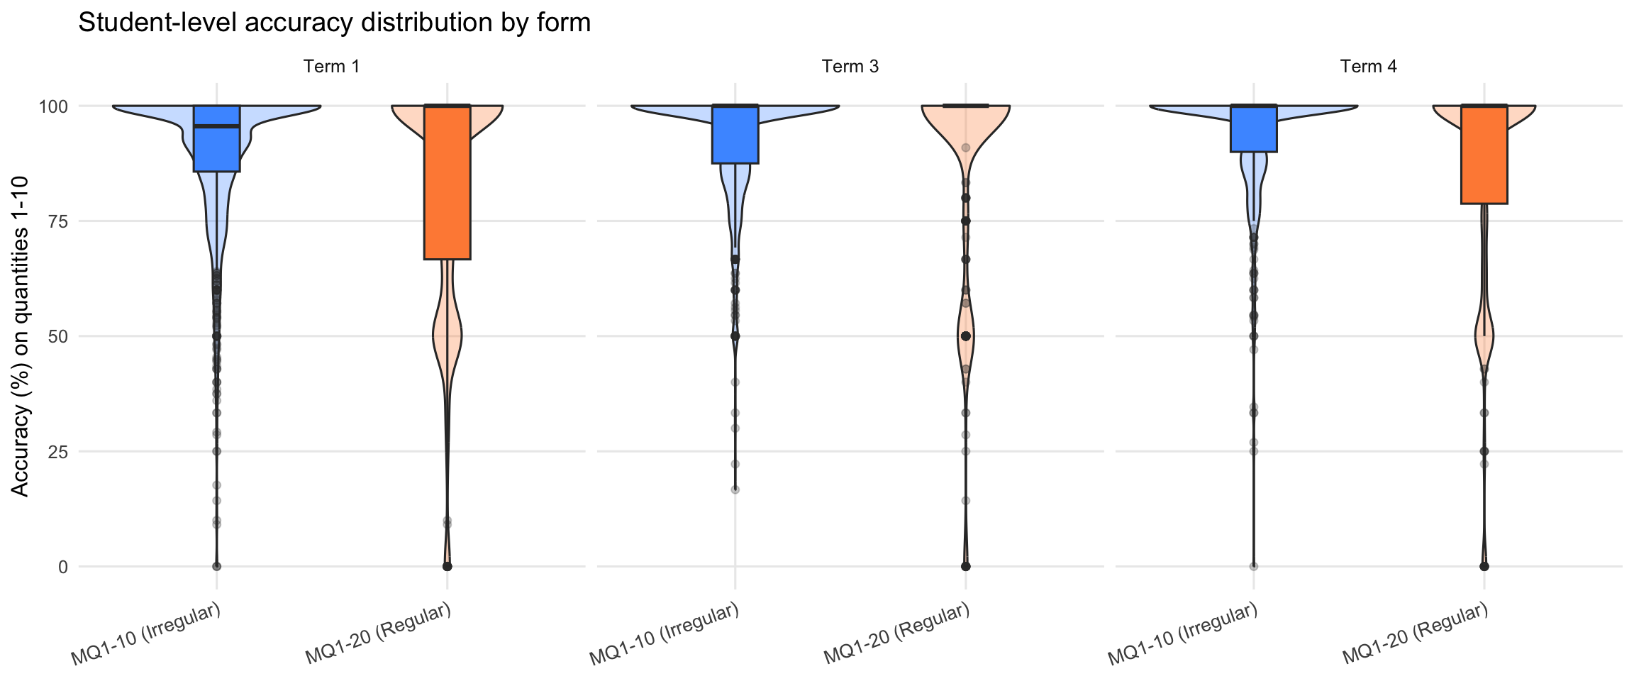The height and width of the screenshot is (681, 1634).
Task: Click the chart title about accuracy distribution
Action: click(334, 23)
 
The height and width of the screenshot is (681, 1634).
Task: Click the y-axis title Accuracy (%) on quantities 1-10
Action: click(21, 336)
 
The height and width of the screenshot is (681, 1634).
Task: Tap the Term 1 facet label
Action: click(331, 67)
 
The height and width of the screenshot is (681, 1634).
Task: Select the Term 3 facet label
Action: click(850, 67)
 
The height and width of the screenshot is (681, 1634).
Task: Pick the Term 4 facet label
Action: click(1368, 67)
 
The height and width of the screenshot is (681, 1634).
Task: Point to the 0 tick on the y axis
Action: click(63, 567)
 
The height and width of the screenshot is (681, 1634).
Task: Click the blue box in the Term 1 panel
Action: click(216, 149)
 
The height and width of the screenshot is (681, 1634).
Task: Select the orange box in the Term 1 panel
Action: click(447, 182)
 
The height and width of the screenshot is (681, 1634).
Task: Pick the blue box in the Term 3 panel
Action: click(735, 134)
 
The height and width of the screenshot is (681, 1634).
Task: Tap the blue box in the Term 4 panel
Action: click(1253, 128)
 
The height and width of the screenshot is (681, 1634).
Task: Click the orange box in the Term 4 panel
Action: click(1484, 155)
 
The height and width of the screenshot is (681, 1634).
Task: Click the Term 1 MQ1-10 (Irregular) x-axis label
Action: click(146, 633)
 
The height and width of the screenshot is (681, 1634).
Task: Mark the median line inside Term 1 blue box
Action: click(216, 126)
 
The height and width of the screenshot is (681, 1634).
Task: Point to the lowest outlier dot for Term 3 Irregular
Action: click(735, 489)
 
